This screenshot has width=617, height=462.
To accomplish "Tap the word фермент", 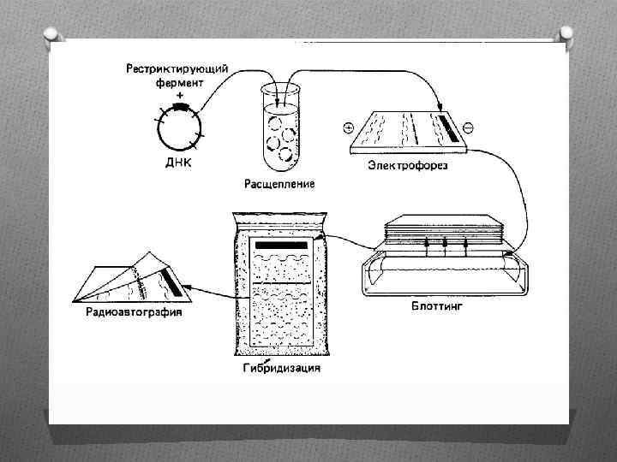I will coord(179,83).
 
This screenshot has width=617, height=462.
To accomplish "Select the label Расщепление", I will coord(279,183).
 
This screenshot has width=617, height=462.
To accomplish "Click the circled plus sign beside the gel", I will coord(348,128).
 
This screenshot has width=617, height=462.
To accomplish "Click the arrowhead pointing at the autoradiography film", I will coord(189,291).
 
